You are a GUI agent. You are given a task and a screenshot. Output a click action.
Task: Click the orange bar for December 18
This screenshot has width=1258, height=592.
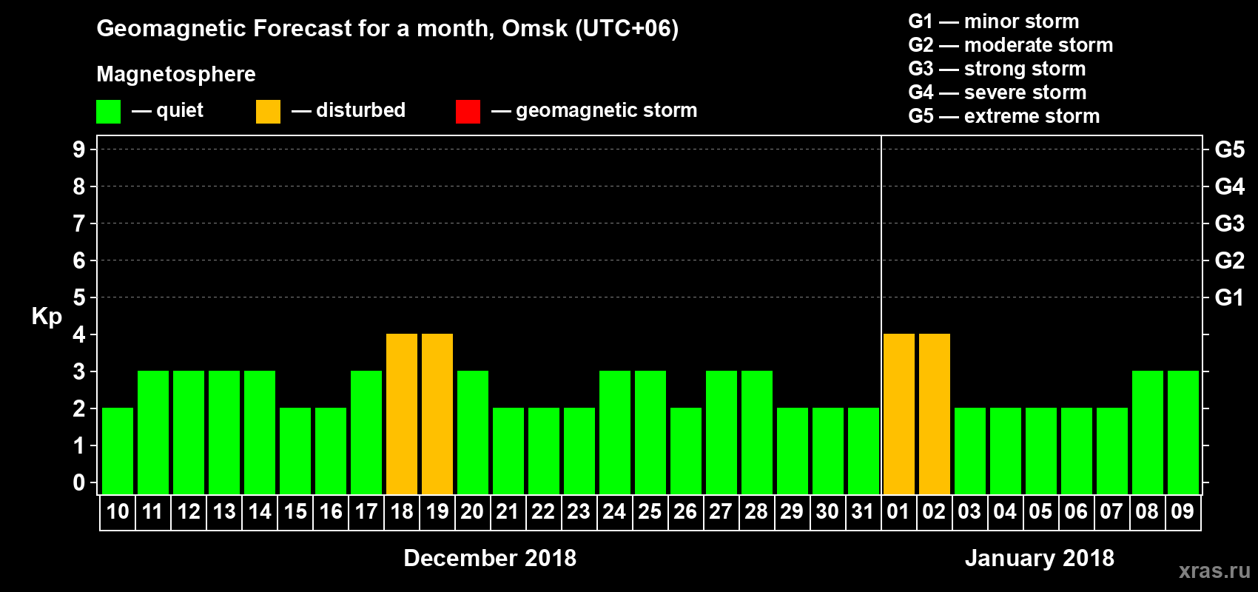tap(402, 414)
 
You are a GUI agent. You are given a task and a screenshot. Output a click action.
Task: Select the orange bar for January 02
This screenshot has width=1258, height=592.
tap(935, 414)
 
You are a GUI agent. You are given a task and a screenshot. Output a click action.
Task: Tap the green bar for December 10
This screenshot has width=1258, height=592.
tap(118, 451)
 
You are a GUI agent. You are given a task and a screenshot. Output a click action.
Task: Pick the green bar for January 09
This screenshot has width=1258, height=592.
tap(1183, 432)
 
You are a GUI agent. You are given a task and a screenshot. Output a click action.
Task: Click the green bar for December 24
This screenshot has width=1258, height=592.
tap(615, 432)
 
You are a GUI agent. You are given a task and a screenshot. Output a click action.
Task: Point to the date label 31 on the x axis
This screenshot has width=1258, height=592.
tap(863, 511)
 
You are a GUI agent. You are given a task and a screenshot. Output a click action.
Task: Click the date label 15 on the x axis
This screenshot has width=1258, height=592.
tap(295, 511)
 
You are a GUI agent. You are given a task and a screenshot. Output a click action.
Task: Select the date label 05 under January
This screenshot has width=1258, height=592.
tap(1040, 511)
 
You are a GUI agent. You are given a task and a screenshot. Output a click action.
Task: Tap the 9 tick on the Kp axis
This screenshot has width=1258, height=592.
tap(79, 149)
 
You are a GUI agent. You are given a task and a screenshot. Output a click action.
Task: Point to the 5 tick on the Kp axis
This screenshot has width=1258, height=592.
tap(79, 297)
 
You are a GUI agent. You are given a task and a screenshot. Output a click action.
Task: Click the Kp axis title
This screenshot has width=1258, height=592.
tap(47, 317)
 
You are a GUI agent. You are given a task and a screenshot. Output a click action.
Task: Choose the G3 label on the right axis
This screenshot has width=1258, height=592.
tap(1229, 223)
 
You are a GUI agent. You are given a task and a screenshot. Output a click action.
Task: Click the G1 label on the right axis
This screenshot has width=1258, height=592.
tap(1229, 297)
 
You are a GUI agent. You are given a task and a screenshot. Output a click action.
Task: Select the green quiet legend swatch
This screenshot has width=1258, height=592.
tap(109, 112)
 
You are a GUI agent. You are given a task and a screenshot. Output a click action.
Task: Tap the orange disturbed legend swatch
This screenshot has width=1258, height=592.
tap(268, 112)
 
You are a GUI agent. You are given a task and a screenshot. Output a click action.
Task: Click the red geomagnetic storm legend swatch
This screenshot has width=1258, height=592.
tap(468, 112)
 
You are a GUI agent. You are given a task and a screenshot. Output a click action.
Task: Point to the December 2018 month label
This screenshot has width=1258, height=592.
tap(490, 558)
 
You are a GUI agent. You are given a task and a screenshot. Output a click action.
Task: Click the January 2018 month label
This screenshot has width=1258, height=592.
tap(1040, 558)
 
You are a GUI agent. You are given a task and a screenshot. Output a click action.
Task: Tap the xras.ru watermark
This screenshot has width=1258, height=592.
tap(1214, 571)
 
